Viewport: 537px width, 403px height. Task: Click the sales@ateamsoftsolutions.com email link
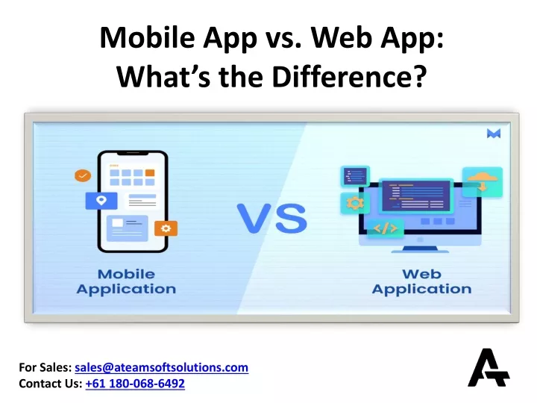(x=161, y=367)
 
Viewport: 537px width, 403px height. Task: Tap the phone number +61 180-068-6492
(x=135, y=384)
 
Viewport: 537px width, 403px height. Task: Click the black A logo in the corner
(x=489, y=368)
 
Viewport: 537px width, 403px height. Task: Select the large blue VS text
(x=272, y=218)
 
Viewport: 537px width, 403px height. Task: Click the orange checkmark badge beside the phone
(x=83, y=176)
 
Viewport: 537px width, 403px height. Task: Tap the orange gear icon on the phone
(x=166, y=228)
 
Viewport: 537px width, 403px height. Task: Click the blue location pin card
(x=101, y=201)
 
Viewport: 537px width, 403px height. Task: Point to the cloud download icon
(x=483, y=181)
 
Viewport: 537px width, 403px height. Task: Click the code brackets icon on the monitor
(x=386, y=228)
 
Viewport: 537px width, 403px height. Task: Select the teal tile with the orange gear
(x=355, y=203)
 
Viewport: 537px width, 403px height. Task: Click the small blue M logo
(x=494, y=134)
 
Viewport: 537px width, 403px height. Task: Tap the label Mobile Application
(x=126, y=281)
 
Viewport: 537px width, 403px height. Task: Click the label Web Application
(x=421, y=281)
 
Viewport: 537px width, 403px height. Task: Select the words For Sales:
(x=45, y=367)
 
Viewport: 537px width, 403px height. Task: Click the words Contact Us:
(x=51, y=384)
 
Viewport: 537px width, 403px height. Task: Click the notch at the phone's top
(x=133, y=153)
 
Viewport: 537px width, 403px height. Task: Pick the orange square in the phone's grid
(x=150, y=172)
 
